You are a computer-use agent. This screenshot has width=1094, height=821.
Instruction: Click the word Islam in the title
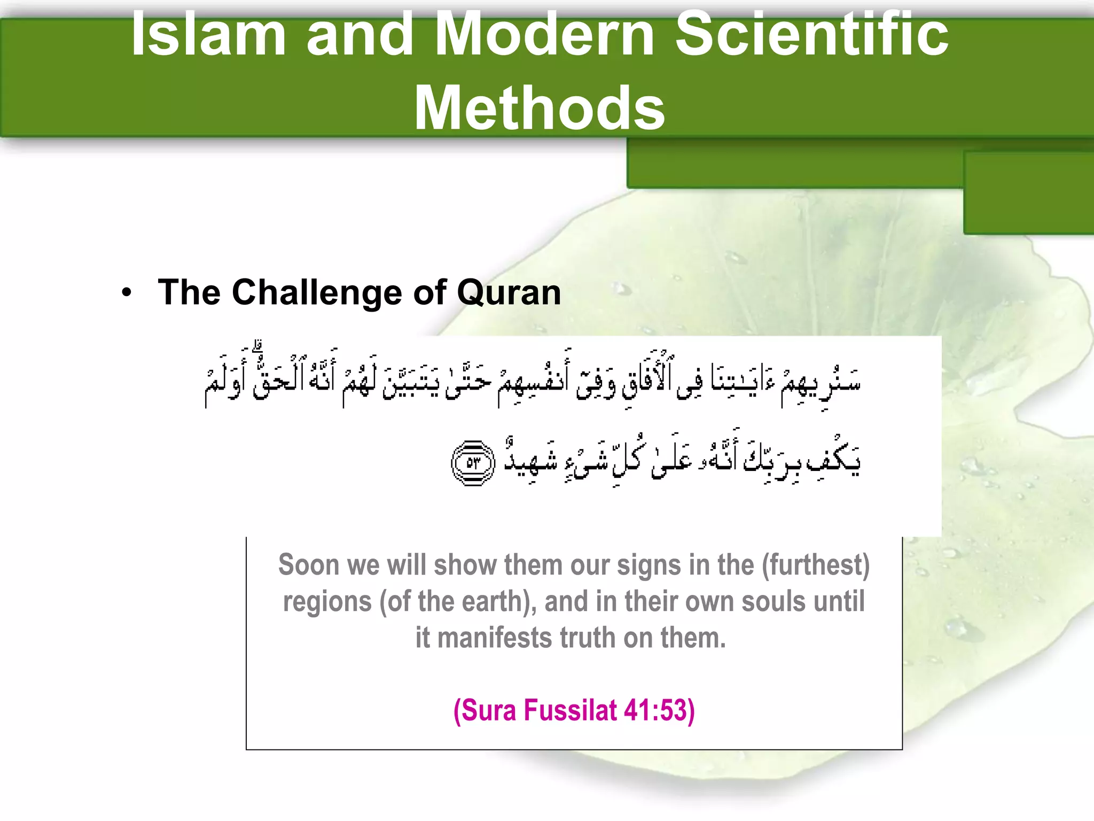click(x=208, y=35)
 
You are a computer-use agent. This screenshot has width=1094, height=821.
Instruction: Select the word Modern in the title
click(x=544, y=35)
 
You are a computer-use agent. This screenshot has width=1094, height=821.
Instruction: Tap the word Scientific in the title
click(x=812, y=35)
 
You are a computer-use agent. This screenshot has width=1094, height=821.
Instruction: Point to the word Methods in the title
click(x=540, y=109)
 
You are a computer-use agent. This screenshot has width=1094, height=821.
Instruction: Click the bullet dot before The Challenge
click(x=126, y=293)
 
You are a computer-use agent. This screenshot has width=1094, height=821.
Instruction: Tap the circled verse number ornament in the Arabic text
click(x=473, y=463)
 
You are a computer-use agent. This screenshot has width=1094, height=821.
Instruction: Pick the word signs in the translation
click(x=649, y=565)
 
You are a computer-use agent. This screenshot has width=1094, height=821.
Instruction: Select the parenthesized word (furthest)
click(x=816, y=565)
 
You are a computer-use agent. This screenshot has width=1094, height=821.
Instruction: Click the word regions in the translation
click(x=327, y=601)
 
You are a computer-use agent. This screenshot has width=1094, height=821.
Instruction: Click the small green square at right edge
click(x=1028, y=192)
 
